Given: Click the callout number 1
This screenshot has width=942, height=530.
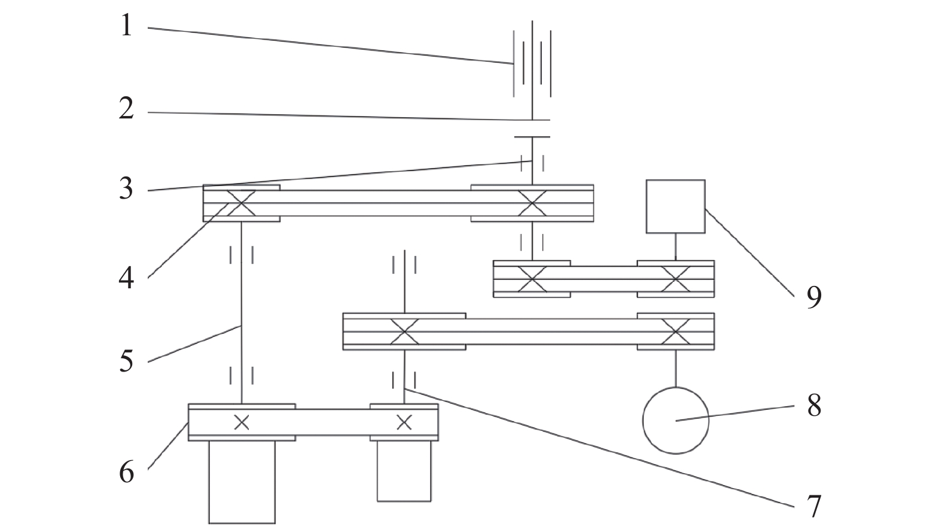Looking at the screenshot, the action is tap(127, 26).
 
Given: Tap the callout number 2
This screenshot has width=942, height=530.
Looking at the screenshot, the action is tap(126, 108).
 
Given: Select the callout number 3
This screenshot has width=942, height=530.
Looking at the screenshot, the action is tap(126, 188).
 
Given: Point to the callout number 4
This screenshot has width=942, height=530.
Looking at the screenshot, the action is tap(126, 278).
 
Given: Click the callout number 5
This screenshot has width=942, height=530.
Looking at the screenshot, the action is tap(126, 361).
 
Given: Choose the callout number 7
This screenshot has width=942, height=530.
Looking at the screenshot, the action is tap(814, 507).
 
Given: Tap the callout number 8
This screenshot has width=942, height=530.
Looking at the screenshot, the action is tap(814, 406).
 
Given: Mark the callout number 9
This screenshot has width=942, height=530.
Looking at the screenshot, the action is tap(814, 297).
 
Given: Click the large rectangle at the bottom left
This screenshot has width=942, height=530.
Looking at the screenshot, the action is tap(209, 482).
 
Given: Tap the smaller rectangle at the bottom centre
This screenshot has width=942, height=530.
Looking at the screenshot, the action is tap(377, 471).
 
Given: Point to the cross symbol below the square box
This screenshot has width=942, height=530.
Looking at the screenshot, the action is tap(675, 279).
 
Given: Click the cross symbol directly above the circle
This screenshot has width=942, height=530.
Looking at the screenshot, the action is tap(675, 331).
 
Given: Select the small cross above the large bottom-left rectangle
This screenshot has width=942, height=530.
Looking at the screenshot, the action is tap(242, 422).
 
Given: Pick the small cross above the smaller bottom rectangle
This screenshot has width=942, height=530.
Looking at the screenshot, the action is tap(404, 422).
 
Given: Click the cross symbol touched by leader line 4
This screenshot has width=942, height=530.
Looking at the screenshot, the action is tap(241, 203).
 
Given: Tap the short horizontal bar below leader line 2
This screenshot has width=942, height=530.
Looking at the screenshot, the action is tap(532, 137).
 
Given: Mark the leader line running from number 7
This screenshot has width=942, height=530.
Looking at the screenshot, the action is tap(599, 448).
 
